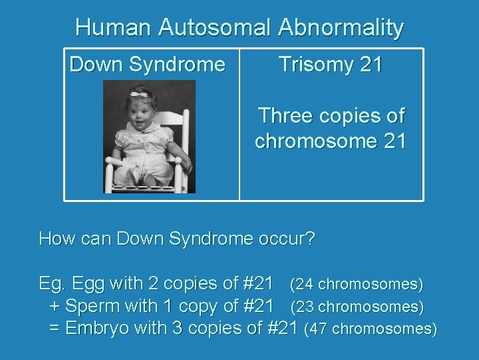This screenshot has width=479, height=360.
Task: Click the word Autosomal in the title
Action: tap(215, 28)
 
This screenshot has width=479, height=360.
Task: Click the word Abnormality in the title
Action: tap(341, 28)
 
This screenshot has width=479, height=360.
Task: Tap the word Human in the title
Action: tap(113, 28)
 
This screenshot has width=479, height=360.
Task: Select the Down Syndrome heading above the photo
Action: tap(147, 65)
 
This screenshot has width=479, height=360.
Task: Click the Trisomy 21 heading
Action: tap(331, 65)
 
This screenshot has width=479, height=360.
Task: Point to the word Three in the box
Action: tap(285, 116)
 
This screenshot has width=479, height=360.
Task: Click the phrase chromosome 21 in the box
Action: tap(330, 141)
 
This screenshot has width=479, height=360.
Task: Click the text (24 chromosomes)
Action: tap(356, 285)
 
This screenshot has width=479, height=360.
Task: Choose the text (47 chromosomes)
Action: tap(370, 329)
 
